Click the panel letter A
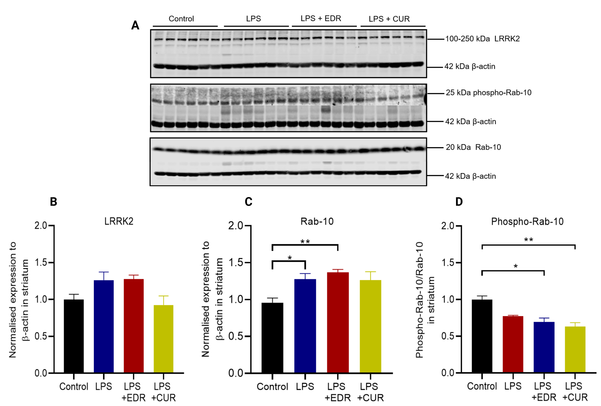point(135,25)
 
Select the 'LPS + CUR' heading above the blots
point(389,19)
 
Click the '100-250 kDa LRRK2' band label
point(482,39)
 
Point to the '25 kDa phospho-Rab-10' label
point(488,92)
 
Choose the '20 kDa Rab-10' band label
point(473,147)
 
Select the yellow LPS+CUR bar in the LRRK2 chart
point(163,339)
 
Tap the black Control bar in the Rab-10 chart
point(272,337)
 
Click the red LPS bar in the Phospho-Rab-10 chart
point(513,344)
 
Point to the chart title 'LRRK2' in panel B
point(119,222)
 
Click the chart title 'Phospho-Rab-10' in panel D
point(527,222)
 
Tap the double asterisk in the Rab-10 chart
point(305,242)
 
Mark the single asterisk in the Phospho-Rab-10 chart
point(515,266)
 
